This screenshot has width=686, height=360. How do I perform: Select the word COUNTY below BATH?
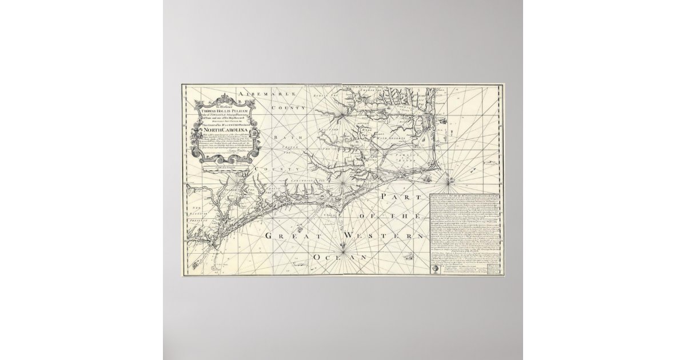coord(280,170)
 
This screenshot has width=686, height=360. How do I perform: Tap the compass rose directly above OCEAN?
coord(342,247)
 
